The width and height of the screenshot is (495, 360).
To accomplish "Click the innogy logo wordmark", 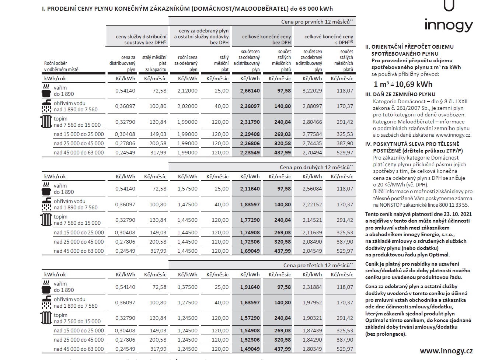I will pos(448,25).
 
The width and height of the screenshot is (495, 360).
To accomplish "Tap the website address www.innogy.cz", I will pos(446,350).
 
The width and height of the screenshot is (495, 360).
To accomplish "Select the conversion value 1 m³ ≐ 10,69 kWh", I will pos(403,84).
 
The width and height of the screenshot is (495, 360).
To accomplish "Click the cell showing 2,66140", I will pos(250,91).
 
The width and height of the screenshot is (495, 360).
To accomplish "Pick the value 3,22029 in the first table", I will pos(312,91).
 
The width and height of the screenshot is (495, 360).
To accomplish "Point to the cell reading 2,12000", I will pos(187,91).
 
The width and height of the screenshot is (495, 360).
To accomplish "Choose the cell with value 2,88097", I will pos(312,106).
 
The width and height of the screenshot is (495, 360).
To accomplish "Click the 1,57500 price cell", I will pos(187,189).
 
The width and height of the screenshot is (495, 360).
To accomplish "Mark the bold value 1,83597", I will pos(250,205).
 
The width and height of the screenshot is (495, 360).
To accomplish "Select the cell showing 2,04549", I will pos(312,251).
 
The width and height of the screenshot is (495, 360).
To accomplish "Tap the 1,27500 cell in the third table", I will pos(187,303).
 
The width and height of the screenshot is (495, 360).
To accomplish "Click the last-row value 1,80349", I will pos(312,349).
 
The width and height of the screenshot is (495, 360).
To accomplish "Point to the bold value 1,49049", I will pos(250,349).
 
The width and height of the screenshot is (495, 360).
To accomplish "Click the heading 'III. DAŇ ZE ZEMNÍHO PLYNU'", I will pos(395,94).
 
